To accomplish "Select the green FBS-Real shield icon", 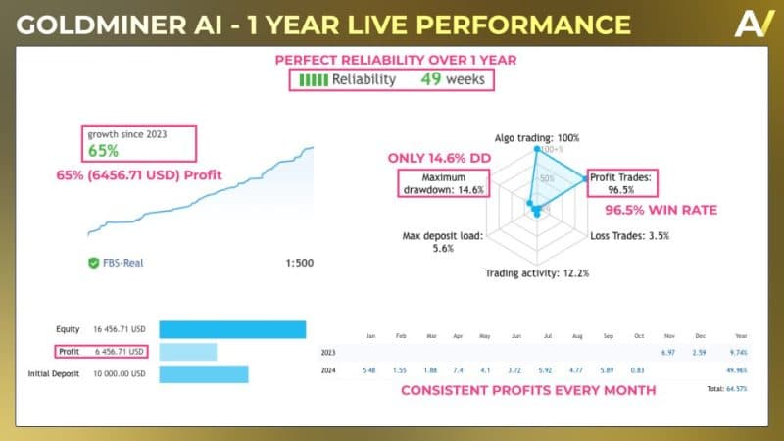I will [x=94, y=263].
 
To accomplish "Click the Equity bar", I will [x=232, y=329].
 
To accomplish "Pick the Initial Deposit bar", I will [x=203, y=374].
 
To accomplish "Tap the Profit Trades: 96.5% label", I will [x=621, y=183].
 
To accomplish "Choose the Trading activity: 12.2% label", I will [x=537, y=273].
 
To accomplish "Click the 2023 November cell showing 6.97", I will [x=669, y=350].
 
